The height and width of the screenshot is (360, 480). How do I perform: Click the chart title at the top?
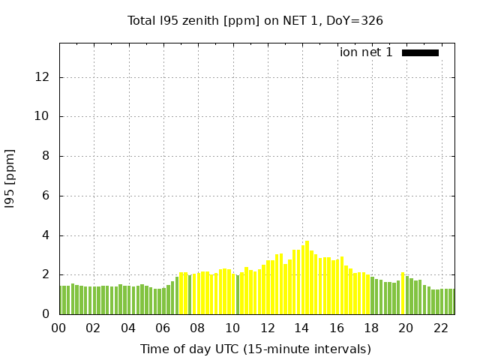click(255, 21)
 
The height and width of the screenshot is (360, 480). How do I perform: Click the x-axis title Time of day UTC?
click(255, 349)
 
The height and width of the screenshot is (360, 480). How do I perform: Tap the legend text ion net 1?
click(366, 52)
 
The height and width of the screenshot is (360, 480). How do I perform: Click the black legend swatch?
click(420, 52)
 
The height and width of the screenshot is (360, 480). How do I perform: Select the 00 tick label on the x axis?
click(58, 328)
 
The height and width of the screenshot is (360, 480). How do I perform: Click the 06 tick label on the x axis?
click(163, 328)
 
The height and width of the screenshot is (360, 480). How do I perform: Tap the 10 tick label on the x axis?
click(232, 328)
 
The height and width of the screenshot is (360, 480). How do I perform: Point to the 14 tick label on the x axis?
click(301, 328)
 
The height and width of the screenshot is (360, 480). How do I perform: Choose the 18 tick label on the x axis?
click(371, 328)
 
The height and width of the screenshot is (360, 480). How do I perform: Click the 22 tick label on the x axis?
click(441, 328)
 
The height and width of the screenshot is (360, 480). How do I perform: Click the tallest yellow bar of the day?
click(307, 277)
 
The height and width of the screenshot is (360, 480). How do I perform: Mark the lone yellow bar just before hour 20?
click(403, 293)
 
